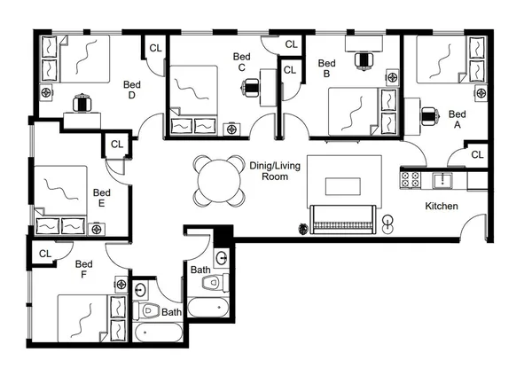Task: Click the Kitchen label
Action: [441, 206]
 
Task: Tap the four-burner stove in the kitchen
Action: [411, 179]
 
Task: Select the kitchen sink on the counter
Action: [441, 180]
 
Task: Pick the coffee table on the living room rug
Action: [342, 186]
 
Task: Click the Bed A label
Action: [458, 120]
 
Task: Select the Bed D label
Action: [131, 90]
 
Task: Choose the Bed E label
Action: [101, 198]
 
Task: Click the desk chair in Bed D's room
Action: [84, 103]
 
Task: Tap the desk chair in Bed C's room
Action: [251, 86]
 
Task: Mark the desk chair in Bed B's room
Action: [363, 59]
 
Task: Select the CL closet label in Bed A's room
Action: [477, 155]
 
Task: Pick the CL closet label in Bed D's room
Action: [155, 48]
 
